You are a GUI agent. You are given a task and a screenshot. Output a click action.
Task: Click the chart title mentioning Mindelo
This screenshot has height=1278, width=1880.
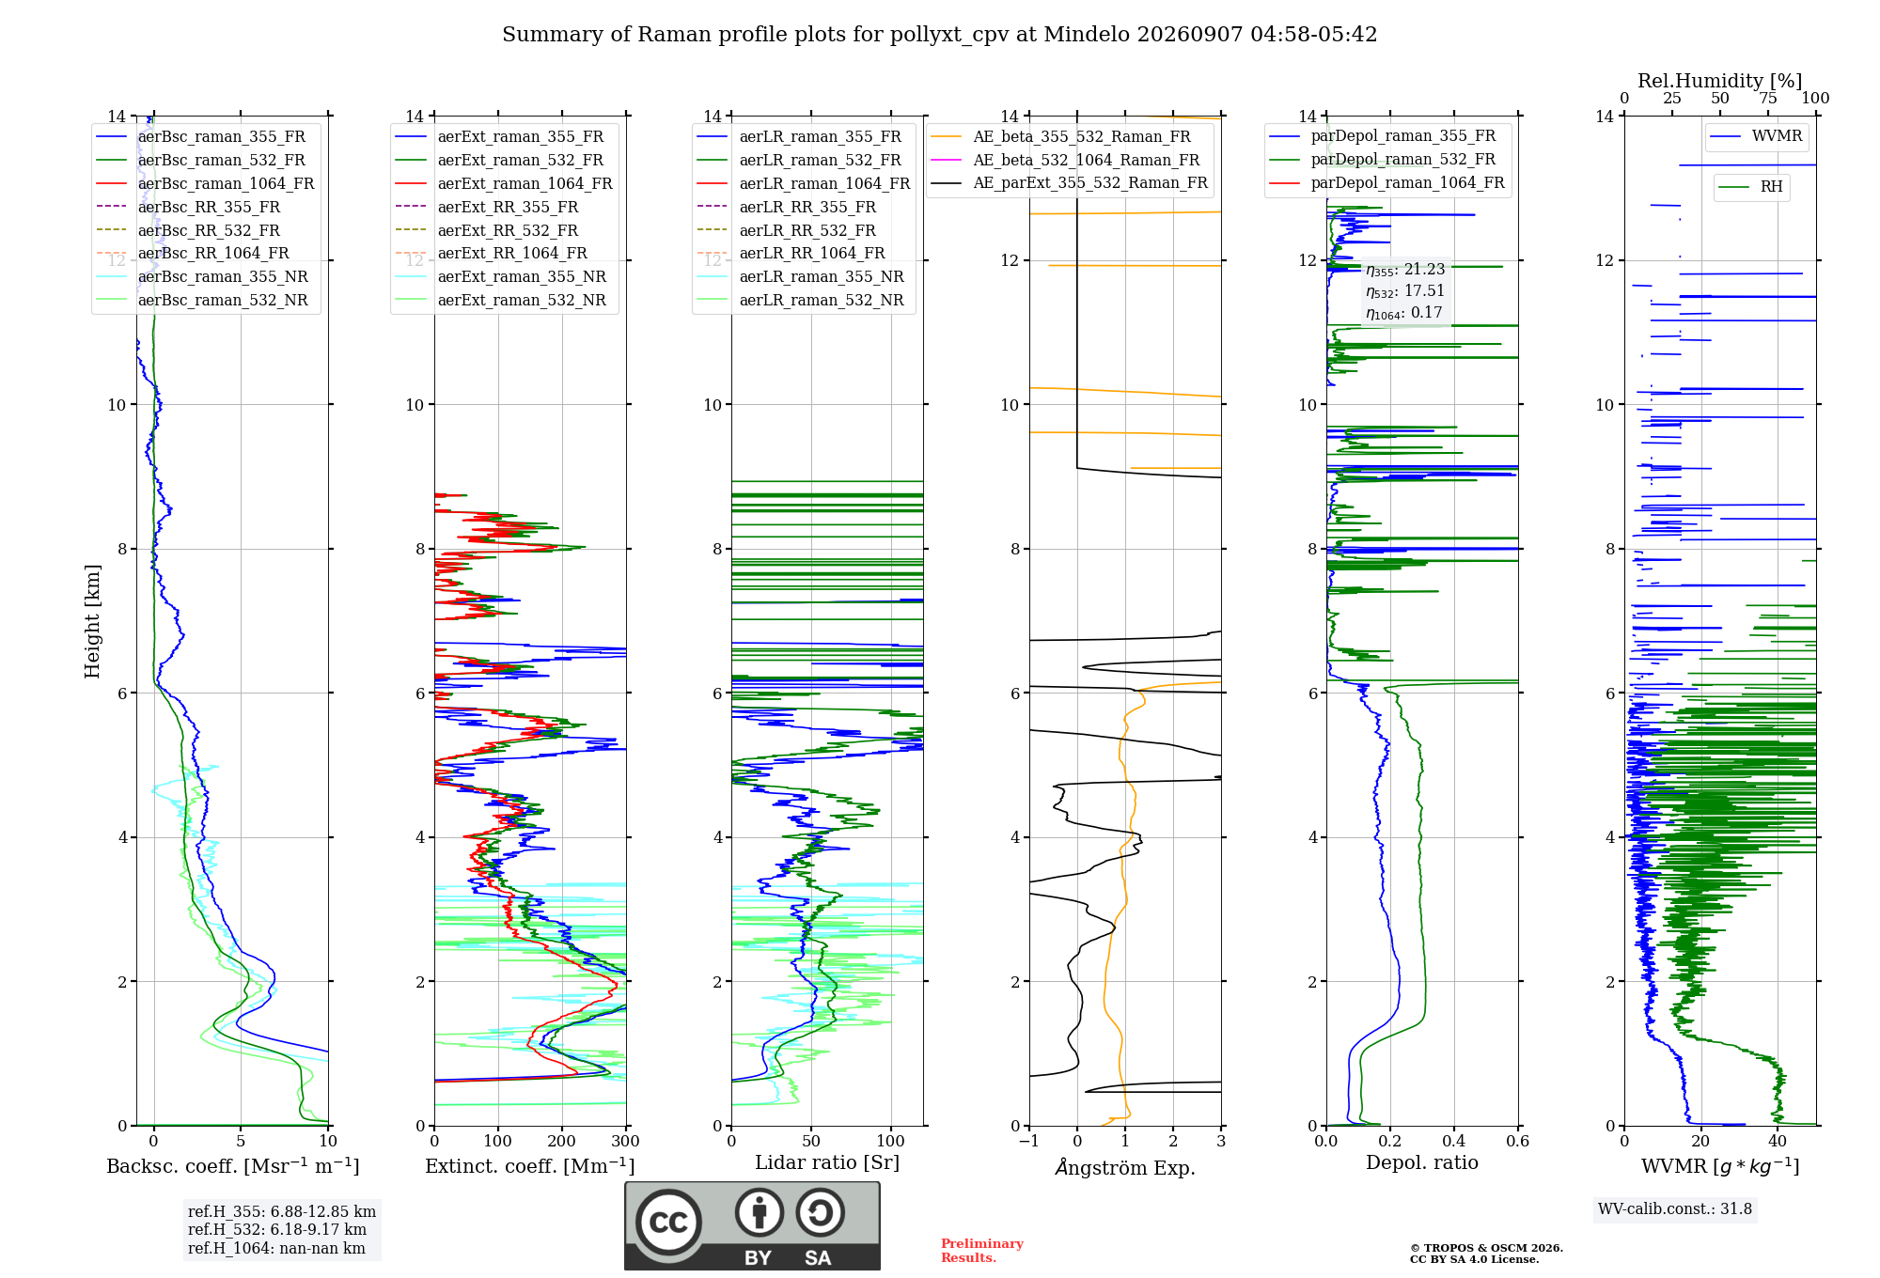point(939,35)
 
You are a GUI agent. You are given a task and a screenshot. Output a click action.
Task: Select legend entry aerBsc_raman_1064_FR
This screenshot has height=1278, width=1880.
point(226,183)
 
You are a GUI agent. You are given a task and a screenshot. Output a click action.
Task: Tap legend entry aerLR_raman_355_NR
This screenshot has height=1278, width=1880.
point(822,276)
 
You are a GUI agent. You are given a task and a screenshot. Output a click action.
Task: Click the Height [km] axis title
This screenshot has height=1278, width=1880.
point(92,621)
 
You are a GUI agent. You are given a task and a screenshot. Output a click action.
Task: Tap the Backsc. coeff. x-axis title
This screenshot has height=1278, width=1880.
point(233,1166)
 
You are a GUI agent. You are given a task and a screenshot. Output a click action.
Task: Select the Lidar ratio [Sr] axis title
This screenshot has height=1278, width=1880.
point(827,1162)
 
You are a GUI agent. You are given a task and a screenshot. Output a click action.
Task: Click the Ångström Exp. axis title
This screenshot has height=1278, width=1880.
point(1125,1167)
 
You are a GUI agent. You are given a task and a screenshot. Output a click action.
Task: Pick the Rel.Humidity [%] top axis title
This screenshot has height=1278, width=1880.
point(1720,81)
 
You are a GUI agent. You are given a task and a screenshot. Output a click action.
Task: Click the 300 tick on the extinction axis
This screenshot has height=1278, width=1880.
point(626,1142)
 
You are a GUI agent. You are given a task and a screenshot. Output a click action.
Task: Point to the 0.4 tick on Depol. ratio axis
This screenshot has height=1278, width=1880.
point(1454,1142)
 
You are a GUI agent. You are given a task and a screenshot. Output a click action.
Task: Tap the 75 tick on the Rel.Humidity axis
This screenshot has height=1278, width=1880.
point(1768,98)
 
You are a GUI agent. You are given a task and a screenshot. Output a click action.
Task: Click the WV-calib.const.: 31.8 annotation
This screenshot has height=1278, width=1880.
point(1675,1208)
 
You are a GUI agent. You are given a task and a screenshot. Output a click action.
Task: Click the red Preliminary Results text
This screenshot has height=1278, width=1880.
point(982,1251)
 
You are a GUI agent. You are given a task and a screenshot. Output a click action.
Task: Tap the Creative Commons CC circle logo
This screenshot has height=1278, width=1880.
point(668,1223)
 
